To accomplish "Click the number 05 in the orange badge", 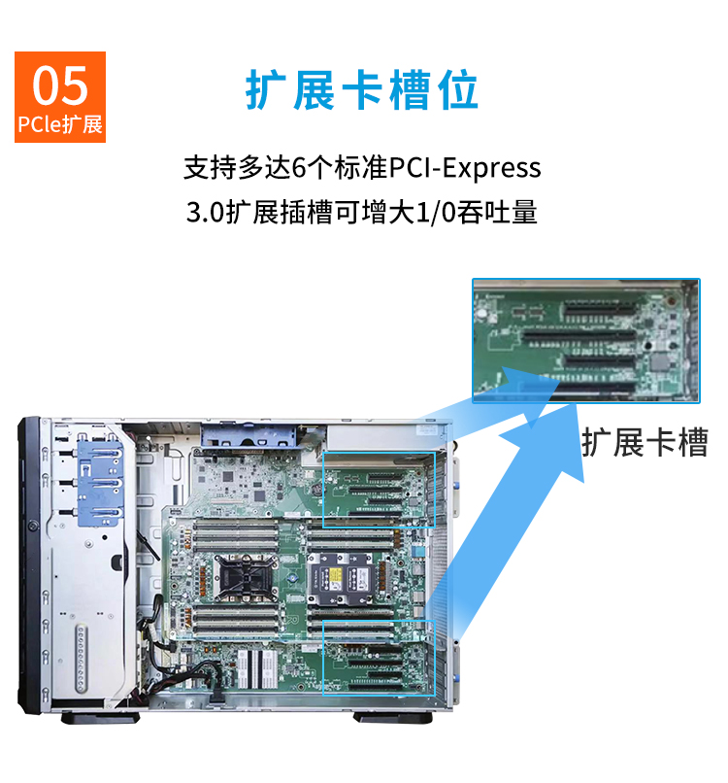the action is [60, 85].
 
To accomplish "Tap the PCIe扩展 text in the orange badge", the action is [60, 124].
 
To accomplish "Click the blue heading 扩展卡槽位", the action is [362, 90].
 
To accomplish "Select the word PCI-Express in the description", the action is [465, 168].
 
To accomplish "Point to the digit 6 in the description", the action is [298, 167].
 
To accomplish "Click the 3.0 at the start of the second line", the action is [205, 212].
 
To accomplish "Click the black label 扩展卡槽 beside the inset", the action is [645, 442].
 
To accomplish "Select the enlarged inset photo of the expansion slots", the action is [585, 341].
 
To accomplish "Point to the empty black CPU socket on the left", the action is [244, 577].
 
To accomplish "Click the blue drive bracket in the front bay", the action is [100, 483].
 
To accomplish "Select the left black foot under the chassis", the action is [100, 718].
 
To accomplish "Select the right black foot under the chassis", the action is [393, 718].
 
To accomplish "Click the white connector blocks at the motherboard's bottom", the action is [257, 668].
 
